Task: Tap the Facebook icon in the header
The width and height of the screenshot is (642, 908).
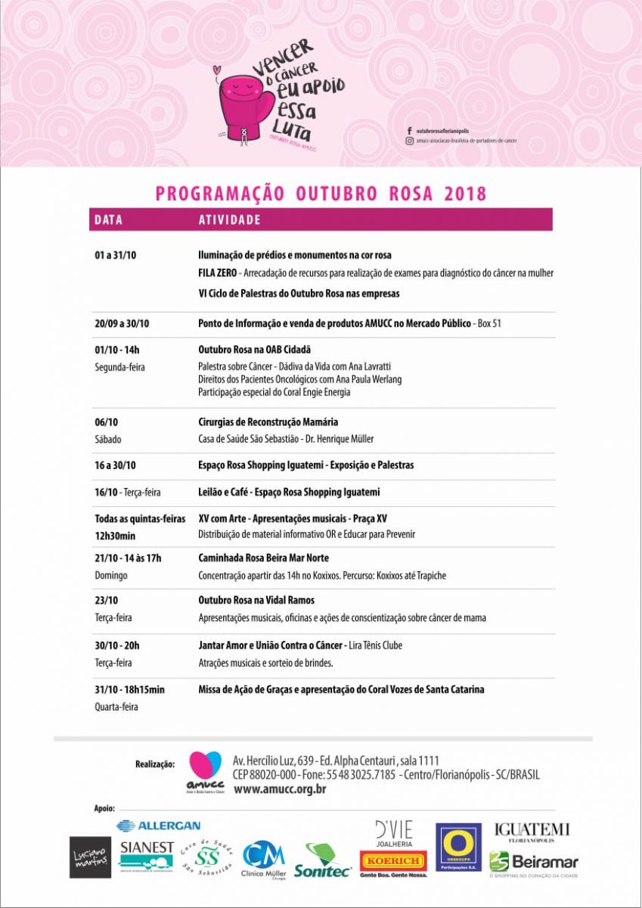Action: (x=409, y=131)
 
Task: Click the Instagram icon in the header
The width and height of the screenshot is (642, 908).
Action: (x=409, y=140)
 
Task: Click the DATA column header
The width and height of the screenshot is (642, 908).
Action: (x=108, y=220)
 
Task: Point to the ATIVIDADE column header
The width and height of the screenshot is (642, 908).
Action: (x=229, y=220)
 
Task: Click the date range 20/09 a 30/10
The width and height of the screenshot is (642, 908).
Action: (x=123, y=324)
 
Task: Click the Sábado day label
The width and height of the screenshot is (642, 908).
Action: (x=108, y=439)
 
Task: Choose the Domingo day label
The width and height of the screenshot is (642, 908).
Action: (x=111, y=575)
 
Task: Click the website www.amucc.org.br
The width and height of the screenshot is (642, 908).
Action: (x=281, y=789)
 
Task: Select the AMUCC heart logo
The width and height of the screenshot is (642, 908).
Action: (x=204, y=769)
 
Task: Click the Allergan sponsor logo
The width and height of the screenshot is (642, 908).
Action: (x=159, y=825)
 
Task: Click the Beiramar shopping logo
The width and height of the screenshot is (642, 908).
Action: (x=534, y=861)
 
